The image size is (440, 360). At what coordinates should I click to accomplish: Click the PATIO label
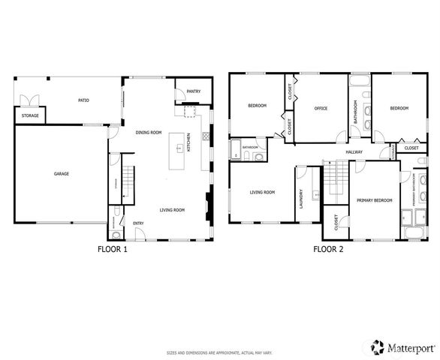85,99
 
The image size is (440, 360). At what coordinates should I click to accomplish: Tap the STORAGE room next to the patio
29,116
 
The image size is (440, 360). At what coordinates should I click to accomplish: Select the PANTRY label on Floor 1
193,91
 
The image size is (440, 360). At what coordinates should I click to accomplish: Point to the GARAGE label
61,174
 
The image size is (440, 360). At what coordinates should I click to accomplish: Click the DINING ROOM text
149,133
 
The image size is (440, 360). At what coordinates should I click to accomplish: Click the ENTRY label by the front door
138,223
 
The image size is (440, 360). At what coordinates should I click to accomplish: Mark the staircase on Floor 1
128,184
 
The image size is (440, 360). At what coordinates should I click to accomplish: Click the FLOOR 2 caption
328,250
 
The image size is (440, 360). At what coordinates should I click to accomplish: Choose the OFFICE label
321,109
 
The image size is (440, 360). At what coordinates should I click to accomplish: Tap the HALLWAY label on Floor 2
354,152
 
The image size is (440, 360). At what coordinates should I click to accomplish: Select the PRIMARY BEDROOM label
373,200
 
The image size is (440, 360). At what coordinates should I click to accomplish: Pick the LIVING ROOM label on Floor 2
262,192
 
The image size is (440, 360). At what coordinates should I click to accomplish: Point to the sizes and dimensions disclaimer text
219,351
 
